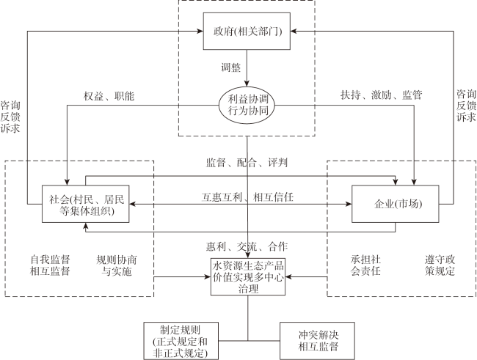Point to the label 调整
(231, 67)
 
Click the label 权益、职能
(109, 96)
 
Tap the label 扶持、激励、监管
(381, 95)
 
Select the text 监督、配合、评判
(247, 163)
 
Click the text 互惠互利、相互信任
(247, 197)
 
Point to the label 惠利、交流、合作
(247, 246)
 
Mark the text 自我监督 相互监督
(50, 265)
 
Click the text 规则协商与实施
(117, 265)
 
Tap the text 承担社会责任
(365, 265)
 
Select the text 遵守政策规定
(440, 265)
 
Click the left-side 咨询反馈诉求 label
(10, 117)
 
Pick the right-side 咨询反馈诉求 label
(466, 106)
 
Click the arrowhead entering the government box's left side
(200, 31)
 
